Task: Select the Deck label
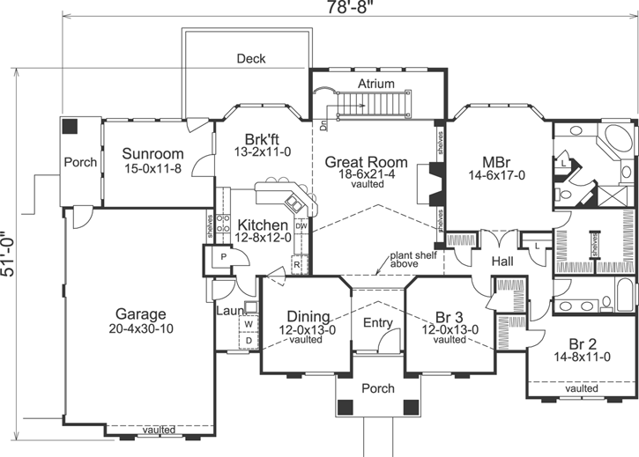(x=251, y=59)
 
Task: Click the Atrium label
(x=375, y=84)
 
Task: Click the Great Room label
(x=366, y=162)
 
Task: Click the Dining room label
(x=296, y=316)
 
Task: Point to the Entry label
(x=378, y=323)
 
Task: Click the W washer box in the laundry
(x=248, y=324)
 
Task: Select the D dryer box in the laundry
(x=248, y=339)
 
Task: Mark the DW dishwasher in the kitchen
(x=301, y=226)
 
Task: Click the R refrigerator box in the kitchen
(x=298, y=263)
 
